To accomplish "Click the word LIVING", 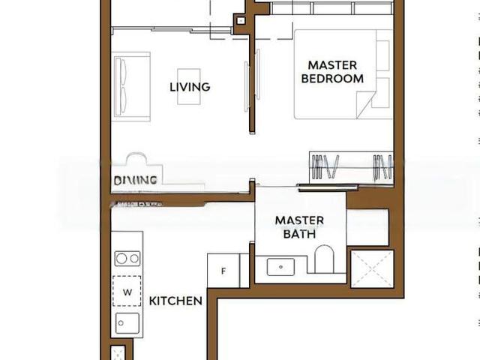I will [x=190, y=87].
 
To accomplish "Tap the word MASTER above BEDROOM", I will [x=332, y=65].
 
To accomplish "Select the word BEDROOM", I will [x=332, y=78].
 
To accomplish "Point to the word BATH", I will [x=299, y=233].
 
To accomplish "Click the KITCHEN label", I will [x=175, y=301].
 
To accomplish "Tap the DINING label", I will [x=135, y=180].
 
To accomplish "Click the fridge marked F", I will [x=222, y=271].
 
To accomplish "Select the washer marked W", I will [x=127, y=292].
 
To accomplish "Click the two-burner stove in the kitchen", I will [x=127, y=259].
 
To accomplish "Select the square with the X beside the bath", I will [x=371, y=267].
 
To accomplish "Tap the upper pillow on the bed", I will [x=382, y=55].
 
